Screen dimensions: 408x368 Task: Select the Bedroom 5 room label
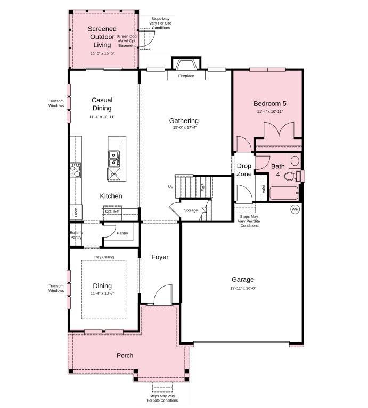(x=269, y=103)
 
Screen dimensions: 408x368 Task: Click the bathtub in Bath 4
(x=282, y=193)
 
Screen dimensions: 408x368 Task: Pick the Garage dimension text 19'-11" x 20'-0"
(x=242, y=288)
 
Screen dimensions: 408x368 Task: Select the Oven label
(x=76, y=212)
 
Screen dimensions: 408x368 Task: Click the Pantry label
(x=122, y=233)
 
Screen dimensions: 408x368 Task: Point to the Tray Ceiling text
(x=104, y=257)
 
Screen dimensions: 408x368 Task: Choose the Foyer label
(x=160, y=257)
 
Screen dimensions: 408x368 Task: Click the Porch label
(x=125, y=355)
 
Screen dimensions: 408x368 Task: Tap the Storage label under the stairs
(x=191, y=210)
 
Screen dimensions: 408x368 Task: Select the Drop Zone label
(x=244, y=170)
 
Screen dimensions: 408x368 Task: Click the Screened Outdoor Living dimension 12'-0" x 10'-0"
(x=102, y=54)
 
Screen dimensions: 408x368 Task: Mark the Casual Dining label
(x=102, y=104)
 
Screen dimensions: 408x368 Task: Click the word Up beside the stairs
(x=170, y=187)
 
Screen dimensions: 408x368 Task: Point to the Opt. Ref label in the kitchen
(x=112, y=211)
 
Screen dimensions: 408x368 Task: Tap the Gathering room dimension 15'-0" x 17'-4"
(x=184, y=128)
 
